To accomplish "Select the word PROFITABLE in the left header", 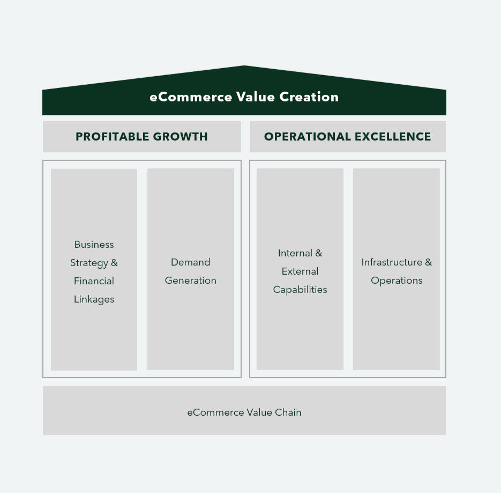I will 109,137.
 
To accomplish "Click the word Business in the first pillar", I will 94,245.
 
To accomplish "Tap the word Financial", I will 94,281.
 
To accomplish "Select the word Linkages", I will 94,299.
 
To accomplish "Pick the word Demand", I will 190,262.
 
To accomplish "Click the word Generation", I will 190,281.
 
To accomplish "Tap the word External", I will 300,271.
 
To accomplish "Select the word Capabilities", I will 300,290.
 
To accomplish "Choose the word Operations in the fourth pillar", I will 397,281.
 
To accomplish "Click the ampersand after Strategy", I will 114,263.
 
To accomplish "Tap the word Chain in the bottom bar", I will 288,413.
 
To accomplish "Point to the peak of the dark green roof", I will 244,67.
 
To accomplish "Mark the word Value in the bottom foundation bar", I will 259,413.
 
